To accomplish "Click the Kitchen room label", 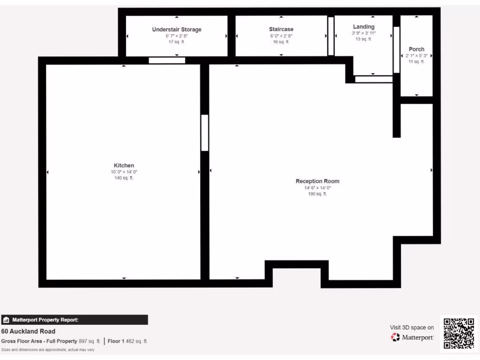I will click(124, 165).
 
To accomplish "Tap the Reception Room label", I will click(317, 181).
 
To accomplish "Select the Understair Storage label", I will click(177, 30).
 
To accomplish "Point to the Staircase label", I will click(281, 30).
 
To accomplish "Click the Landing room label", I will click(363, 27).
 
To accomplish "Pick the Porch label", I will click(416, 49).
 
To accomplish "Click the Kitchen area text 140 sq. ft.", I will click(124, 178).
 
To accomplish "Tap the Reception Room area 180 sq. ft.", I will click(317, 194).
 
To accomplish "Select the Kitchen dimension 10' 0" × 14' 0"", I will click(124, 172).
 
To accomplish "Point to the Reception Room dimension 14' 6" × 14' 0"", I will click(317, 187).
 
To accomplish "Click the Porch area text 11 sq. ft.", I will click(416, 61).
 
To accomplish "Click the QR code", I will click(458, 333).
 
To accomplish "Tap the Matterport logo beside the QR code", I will click(412, 337).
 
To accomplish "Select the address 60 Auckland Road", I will click(28, 331).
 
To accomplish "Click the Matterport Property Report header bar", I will click(75, 320).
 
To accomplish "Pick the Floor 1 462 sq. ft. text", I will click(127, 341).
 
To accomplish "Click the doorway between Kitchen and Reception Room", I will click(205, 133).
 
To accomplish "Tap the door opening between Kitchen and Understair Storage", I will click(167, 60).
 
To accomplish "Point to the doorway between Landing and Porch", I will click(396, 50).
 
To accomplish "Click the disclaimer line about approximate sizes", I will click(47, 350).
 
